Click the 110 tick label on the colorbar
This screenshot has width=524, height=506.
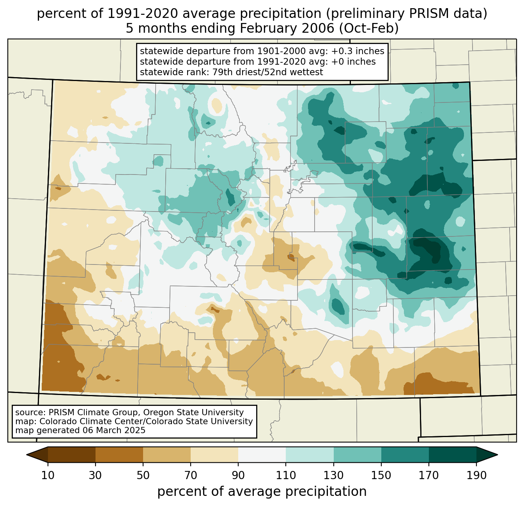(x=286, y=476)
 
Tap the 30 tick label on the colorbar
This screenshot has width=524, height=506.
(x=96, y=476)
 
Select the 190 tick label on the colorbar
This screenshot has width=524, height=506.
(x=476, y=476)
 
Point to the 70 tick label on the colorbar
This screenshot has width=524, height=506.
(x=191, y=476)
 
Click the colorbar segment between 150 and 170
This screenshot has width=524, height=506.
(x=405, y=455)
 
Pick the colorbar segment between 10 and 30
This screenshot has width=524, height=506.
(x=72, y=455)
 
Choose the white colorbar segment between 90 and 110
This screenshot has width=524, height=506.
(x=262, y=455)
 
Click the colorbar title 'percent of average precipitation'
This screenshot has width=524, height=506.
(x=262, y=492)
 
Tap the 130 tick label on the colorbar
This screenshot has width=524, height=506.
(x=334, y=476)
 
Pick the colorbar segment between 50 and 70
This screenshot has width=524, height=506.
(x=167, y=455)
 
